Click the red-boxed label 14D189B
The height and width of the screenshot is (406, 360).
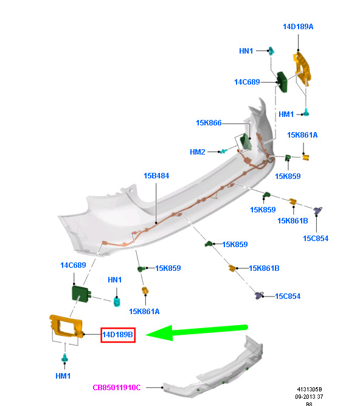pos(118,335)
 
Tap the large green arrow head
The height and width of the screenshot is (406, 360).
pos(159,333)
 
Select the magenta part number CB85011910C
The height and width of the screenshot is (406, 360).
pos(117,387)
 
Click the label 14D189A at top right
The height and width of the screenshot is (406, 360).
pos(298,27)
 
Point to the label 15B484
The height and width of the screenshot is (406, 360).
pos(156,176)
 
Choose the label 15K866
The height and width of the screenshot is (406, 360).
pos(209,123)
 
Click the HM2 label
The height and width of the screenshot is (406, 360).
pos(197,152)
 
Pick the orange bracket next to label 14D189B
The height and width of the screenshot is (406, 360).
pos(66,326)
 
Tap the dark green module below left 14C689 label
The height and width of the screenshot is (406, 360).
pos(81,294)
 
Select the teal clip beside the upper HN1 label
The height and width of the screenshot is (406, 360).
pos(271,51)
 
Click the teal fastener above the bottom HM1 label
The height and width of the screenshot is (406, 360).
pos(64,357)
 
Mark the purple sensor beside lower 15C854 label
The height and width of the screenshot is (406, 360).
pos(259,295)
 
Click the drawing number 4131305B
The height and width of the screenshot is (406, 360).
pos(310,389)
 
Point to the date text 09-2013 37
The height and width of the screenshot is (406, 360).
pos(309,396)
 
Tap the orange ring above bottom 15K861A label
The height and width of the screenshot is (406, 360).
pos(145,290)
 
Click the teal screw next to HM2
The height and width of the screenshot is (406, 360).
pos(223,151)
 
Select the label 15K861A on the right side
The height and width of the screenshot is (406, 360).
pos(302,135)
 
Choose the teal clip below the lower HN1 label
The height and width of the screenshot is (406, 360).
pos(117,302)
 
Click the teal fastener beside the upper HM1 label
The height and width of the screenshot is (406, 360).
pos(306,113)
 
